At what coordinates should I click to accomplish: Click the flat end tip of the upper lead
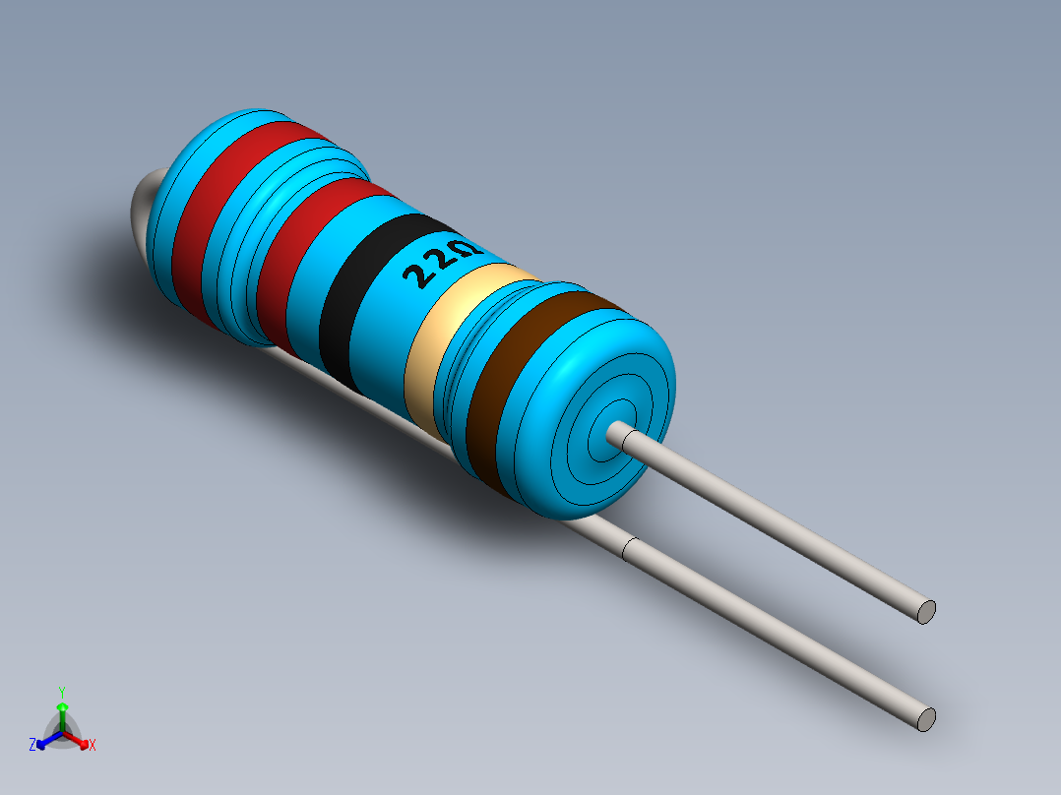point(925,611)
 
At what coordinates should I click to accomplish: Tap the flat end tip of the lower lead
point(925,719)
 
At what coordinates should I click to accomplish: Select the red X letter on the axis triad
point(93,746)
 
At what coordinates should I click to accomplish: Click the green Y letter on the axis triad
point(61,692)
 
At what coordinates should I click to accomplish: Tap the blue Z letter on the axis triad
point(33,745)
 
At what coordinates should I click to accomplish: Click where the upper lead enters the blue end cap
point(620,433)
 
